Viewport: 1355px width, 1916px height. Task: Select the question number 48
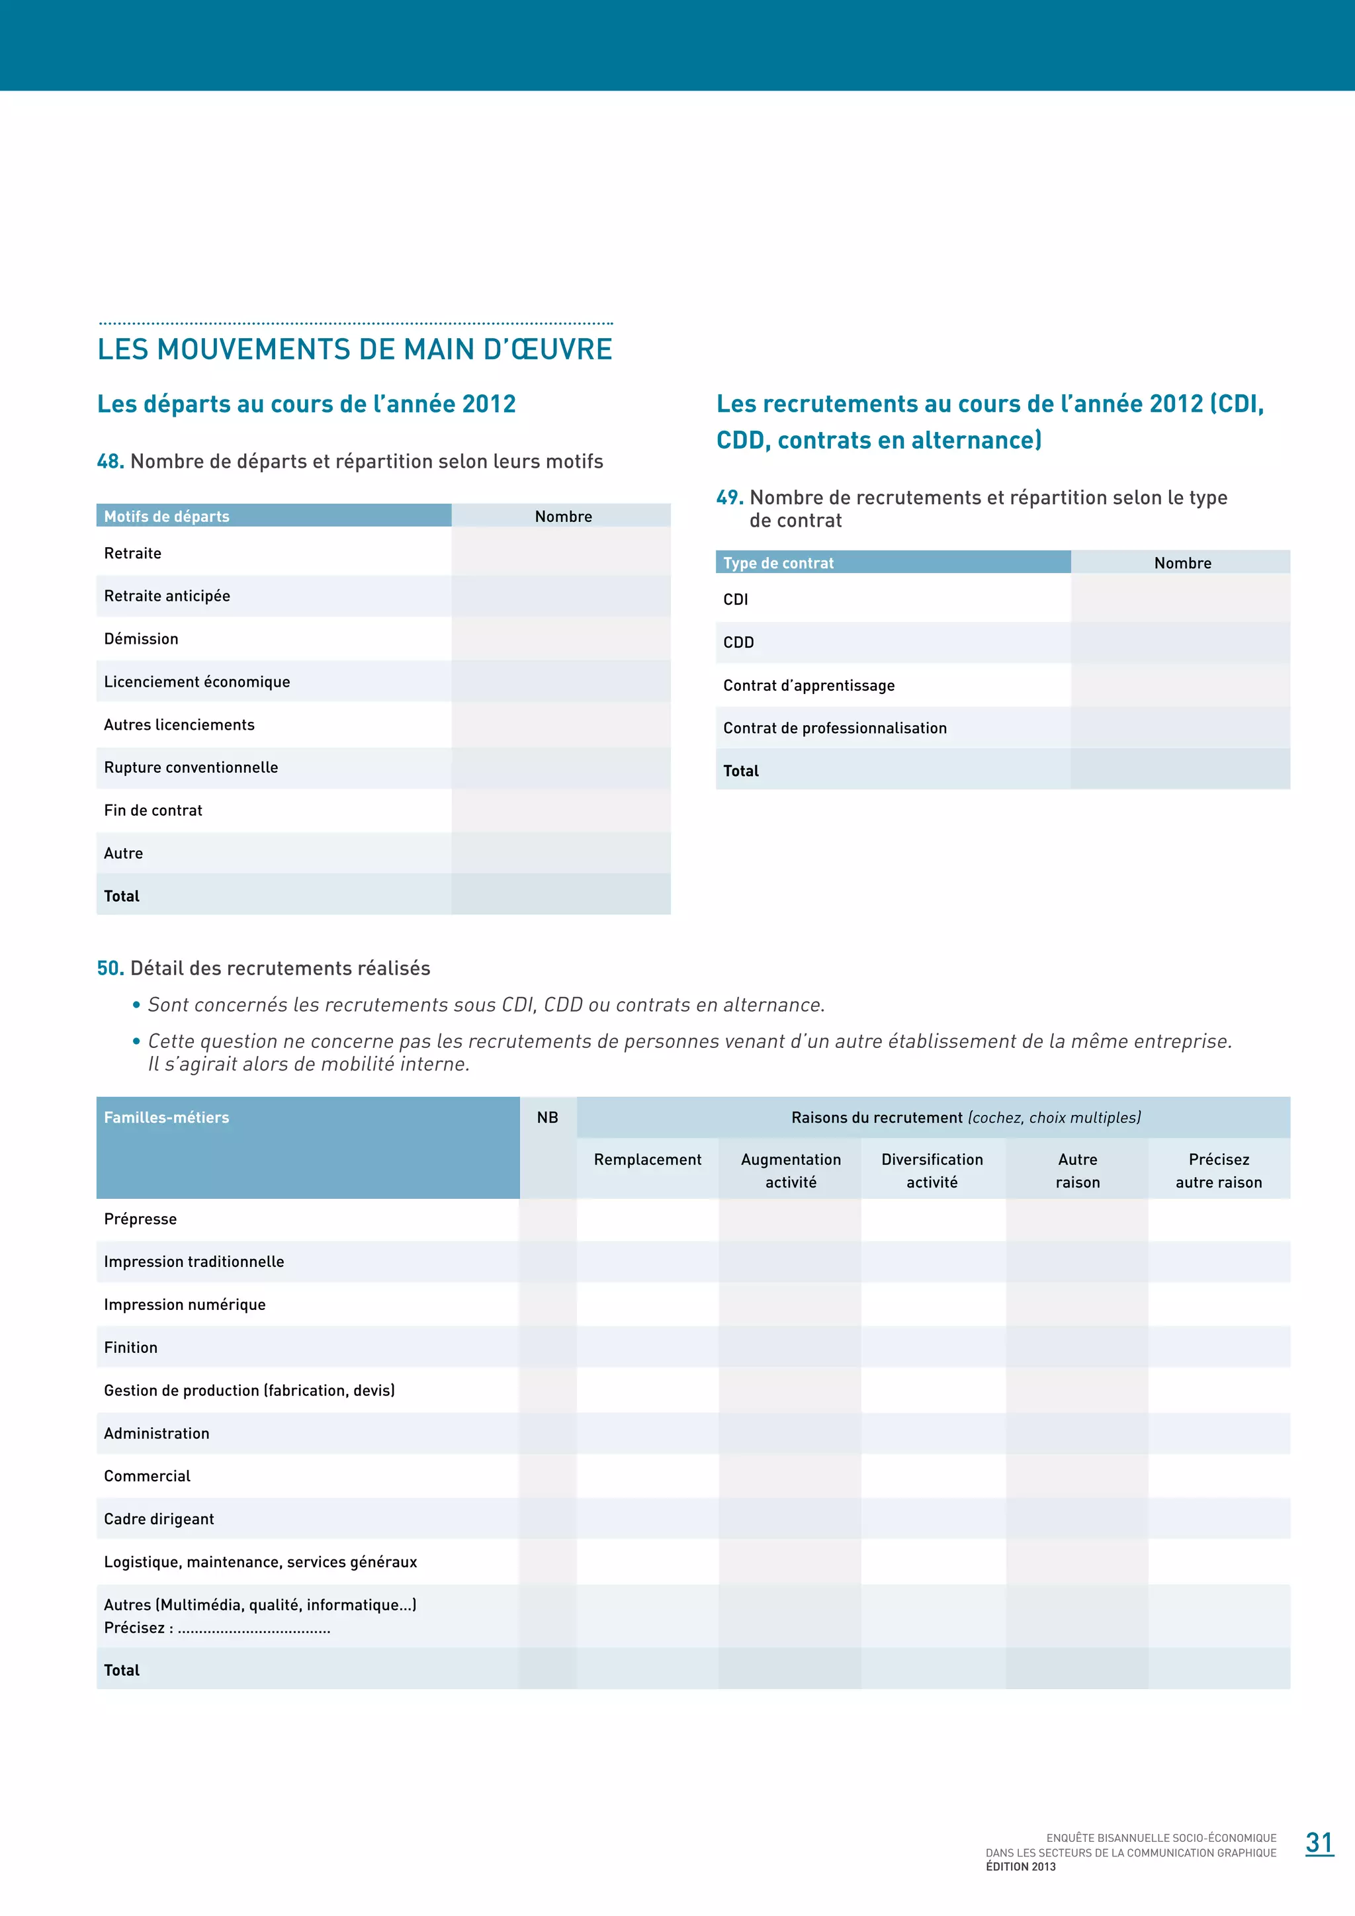click(110, 462)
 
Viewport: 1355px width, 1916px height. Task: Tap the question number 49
click(729, 498)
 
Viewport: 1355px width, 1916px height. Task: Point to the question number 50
click(110, 968)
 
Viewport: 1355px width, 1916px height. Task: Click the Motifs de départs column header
click(167, 517)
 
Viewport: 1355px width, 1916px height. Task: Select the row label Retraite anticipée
click(167, 596)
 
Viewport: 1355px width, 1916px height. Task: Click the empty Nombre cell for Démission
click(560, 639)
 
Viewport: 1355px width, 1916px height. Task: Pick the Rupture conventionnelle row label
click(191, 767)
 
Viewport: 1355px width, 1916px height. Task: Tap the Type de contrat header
click(779, 563)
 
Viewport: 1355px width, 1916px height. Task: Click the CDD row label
click(738, 642)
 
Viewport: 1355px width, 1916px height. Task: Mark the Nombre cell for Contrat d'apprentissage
click(1180, 685)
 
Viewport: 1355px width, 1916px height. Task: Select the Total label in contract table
click(741, 771)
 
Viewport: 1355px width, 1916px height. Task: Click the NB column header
click(547, 1117)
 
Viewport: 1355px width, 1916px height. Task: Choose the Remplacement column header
click(648, 1160)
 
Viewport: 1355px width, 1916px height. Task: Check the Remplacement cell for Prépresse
click(648, 1219)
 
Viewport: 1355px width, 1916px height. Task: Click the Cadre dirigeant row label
click(159, 1519)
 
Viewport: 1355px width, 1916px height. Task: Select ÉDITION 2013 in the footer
click(1020, 1867)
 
